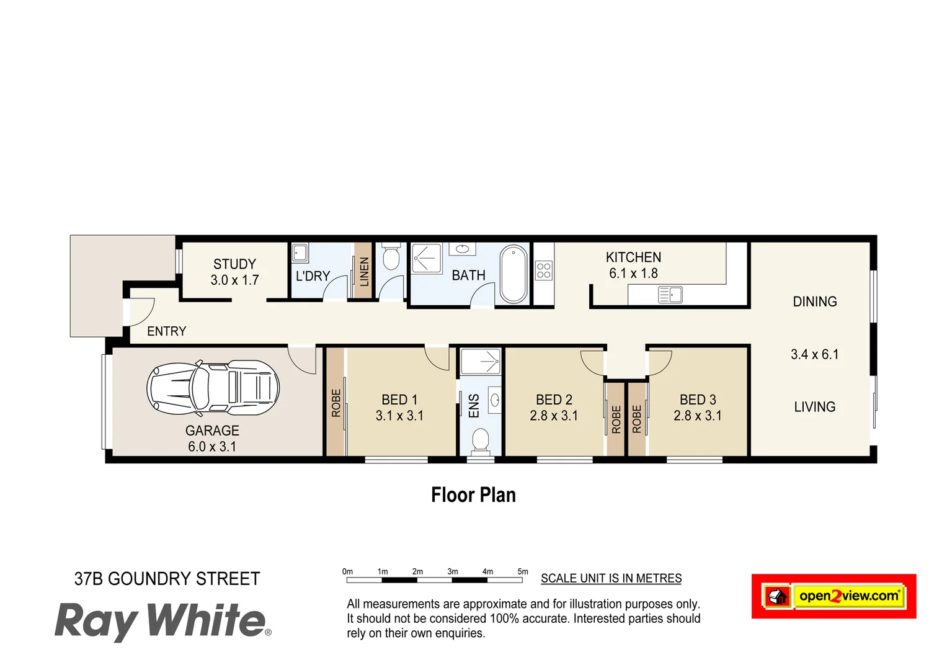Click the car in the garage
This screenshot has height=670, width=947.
click(x=213, y=388)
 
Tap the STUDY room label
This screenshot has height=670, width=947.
click(x=234, y=264)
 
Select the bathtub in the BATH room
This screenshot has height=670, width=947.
click(x=514, y=274)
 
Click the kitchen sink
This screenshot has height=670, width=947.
click(x=670, y=295)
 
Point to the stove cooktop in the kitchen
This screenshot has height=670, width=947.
click(x=544, y=270)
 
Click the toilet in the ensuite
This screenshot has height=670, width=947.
click(x=481, y=442)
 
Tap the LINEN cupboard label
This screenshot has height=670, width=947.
click(x=364, y=272)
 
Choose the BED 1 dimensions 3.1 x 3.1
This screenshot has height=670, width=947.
click(x=399, y=416)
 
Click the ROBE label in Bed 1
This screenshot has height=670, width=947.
click(x=336, y=403)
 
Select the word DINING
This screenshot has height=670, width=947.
click(x=815, y=301)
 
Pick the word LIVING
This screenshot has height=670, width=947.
click(x=815, y=407)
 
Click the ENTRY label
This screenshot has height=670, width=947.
click(x=166, y=331)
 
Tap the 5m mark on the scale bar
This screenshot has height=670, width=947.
click(x=523, y=572)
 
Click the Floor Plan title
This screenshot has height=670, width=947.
click(x=473, y=495)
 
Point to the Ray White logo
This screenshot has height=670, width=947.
click(x=162, y=621)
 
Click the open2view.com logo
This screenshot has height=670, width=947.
click(x=834, y=596)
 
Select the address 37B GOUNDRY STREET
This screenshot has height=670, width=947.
click(x=167, y=579)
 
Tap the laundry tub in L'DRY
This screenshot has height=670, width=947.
click(x=300, y=253)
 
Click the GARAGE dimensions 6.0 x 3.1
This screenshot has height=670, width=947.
click(x=212, y=447)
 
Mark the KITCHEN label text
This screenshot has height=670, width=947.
click(x=633, y=257)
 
